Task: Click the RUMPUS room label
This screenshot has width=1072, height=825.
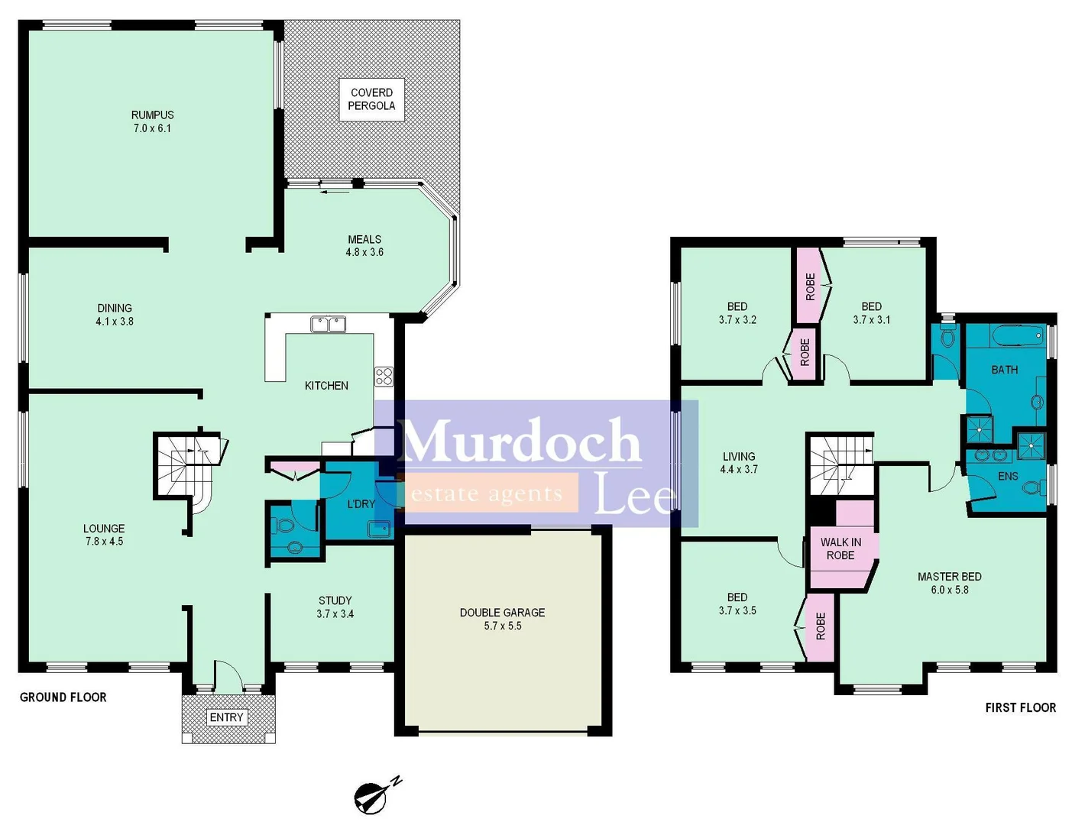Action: [x=152, y=115]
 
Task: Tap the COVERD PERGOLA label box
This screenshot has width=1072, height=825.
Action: [x=371, y=99]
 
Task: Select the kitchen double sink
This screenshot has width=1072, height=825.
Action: [x=328, y=325]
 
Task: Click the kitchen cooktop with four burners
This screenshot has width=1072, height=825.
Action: [x=384, y=376]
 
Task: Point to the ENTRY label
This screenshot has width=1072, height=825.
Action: [x=226, y=717]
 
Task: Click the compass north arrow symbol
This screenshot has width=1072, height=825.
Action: [x=374, y=797]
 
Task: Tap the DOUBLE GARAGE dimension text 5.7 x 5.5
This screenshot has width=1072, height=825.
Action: [x=502, y=626]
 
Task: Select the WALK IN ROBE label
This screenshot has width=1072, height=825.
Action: [x=840, y=548]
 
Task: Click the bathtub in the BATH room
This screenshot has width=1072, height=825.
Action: [x=1015, y=335]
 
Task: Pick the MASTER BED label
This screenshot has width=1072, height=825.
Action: [x=949, y=577]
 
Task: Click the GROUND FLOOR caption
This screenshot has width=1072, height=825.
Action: [x=63, y=697]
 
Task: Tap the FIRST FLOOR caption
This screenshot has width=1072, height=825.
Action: [x=1020, y=708]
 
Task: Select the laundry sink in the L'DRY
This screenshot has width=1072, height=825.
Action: [x=378, y=529]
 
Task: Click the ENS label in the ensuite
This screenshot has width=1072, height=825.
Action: [x=1008, y=476]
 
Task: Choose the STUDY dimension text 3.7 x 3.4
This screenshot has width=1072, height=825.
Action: [x=335, y=613]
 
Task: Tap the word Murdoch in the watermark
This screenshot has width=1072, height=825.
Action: [x=519, y=441]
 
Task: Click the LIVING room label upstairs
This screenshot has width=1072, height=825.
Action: [x=738, y=456]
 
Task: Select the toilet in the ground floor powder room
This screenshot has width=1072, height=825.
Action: [x=284, y=526]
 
